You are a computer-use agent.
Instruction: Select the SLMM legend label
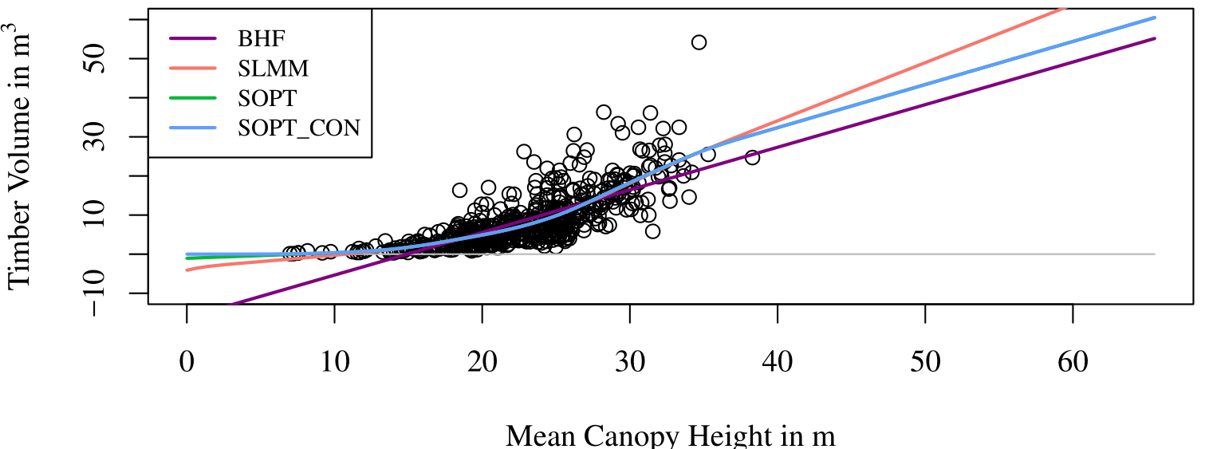tap(274, 68)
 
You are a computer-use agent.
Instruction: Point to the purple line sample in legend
tap(192, 38)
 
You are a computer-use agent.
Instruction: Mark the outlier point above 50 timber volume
tap(699, 42)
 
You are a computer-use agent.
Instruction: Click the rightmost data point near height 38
tap(752, 157)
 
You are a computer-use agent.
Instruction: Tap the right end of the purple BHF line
tap(1154, 38)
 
